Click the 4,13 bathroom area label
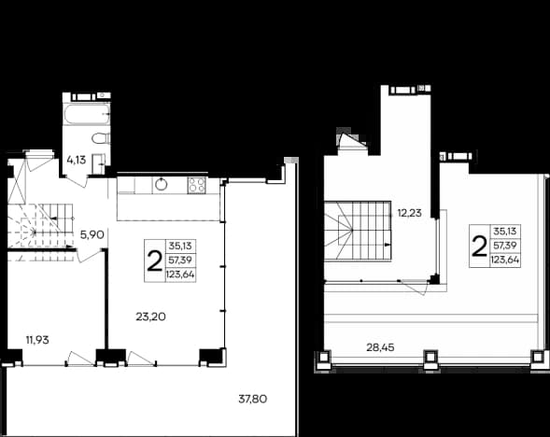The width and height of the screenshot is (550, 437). click(77, 160)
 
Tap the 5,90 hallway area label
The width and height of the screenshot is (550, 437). click(92, 234)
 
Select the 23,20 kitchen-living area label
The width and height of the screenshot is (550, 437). click(151, 317)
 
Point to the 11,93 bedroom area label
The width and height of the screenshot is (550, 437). click(37, 340)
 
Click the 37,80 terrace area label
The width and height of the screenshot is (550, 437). click(252, 399)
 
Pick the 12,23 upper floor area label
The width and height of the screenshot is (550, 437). click(409, 213)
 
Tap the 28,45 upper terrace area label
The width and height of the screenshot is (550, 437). click(380, 347)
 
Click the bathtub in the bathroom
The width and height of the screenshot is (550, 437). click(87, 114)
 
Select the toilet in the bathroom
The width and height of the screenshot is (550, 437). click(102, 138)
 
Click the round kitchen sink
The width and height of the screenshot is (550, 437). click(161, 184)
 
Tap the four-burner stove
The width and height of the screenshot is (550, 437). click(196, 185)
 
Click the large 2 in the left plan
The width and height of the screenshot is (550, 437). click(154, 261)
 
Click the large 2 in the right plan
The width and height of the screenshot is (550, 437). click(479, 247)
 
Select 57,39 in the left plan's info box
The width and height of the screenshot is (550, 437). click(180, 261)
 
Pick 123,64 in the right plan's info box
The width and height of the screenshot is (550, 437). click(505, 261)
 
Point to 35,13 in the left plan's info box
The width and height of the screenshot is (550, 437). click(180, 246)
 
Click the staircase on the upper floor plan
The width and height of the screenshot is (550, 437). click(357, 232)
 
